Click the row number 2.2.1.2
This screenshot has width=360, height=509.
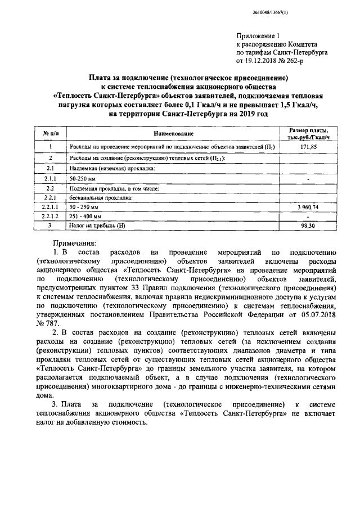pyautogui.click(x=50, y=216)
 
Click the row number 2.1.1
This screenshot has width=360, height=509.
pyautogui.click(x=50, y=178)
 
